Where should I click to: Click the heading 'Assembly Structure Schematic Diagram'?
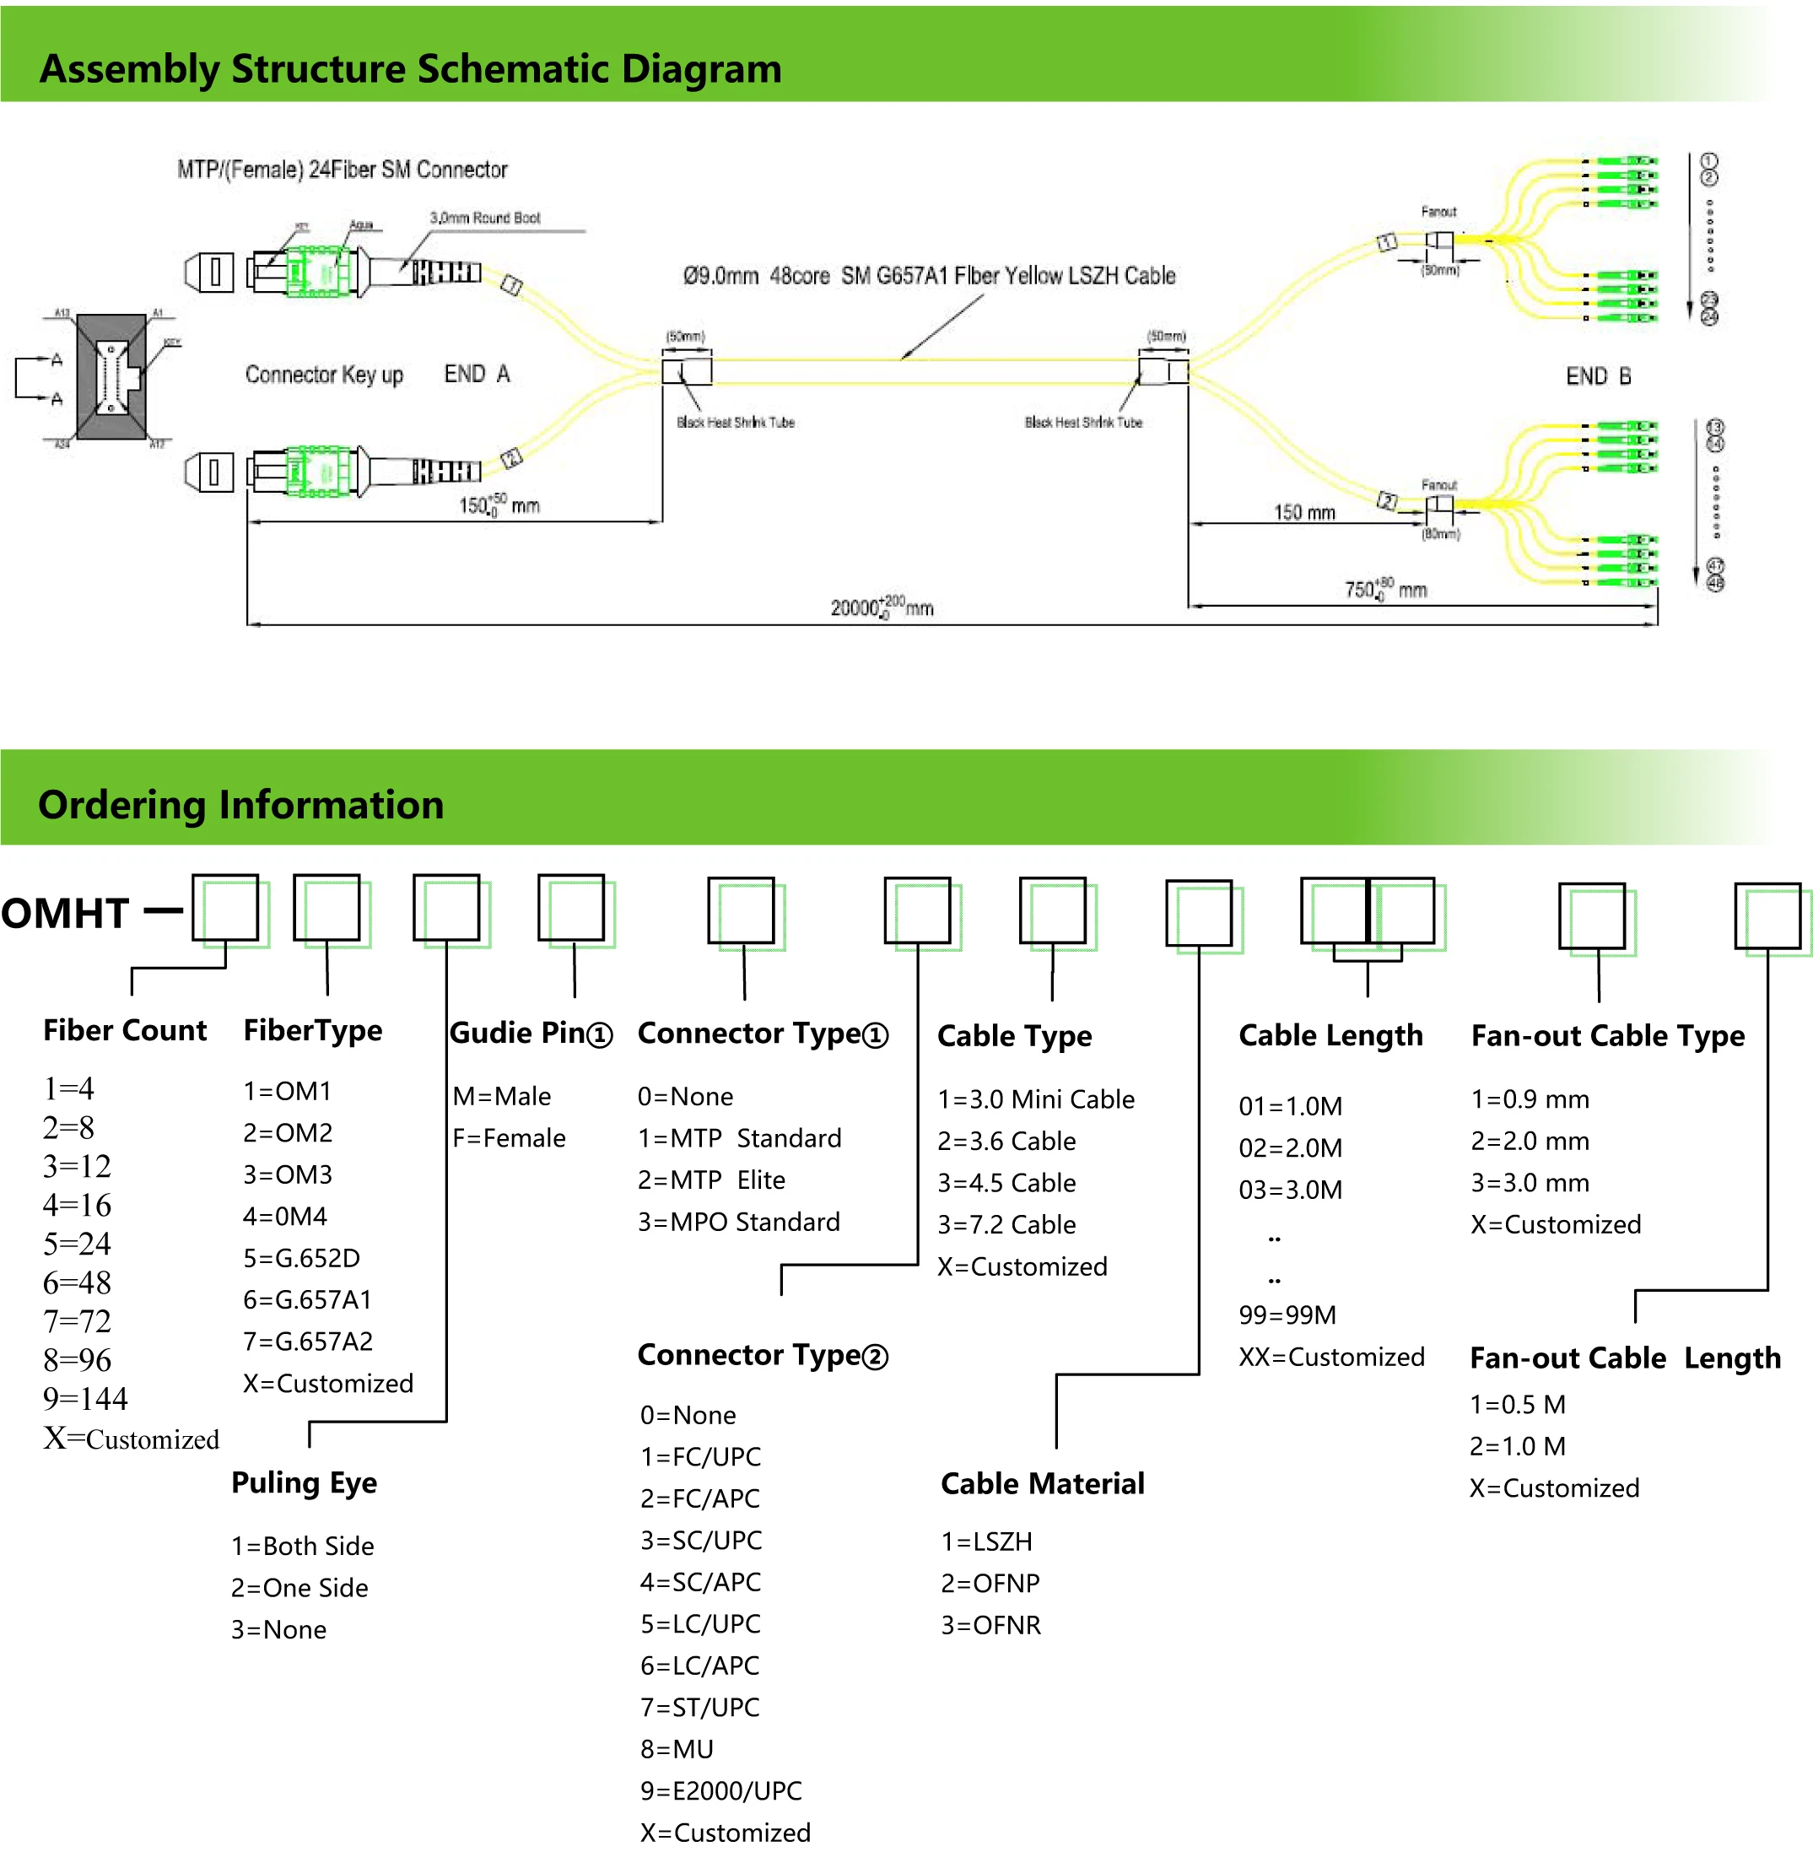[x=410, y=68]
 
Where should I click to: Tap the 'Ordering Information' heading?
[x=240, y=804]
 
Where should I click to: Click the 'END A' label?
[x=477, y=374]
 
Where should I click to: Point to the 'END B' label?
[x=1598, y=376]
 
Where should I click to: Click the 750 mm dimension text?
[x=1384, y=589]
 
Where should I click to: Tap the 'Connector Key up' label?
[x=324, y=375]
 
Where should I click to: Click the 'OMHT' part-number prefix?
[x=65, y=913]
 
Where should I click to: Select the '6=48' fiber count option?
[x=76, y=1282]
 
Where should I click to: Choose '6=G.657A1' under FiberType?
[x=307, y=1299]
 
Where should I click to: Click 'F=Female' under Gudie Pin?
[x=509, y=1138]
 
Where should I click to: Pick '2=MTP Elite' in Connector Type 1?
[x=711, y=1180]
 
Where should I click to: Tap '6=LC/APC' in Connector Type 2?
[x=699, y=1665]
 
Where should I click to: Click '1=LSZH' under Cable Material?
[x=986, y=1541]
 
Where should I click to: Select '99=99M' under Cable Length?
[x=1287, y=1315]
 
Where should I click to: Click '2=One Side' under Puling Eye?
[x=299, y=1588]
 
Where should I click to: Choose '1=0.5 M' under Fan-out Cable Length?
[x=1518, y=1404]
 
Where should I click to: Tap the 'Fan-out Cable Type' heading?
[x=1607, y=1035]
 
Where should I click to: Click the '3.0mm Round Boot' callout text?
[x=484, y=219]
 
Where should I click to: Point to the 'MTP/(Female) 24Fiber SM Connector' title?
[x=343, y=170]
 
